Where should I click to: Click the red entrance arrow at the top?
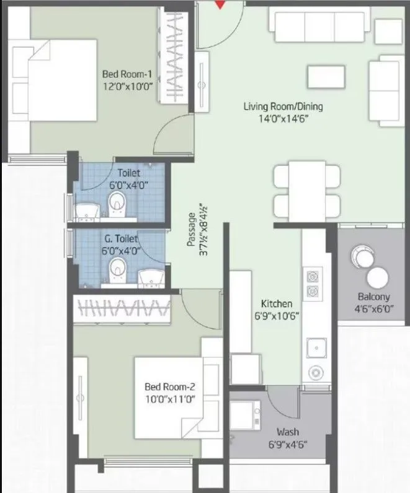click(219, 4)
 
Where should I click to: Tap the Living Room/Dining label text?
click(283, 107)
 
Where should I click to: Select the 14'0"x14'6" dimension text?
click(283, 119)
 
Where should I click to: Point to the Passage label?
click(192, 230)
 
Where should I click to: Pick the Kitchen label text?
click(276, 303)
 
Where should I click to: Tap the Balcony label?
click(373, 296)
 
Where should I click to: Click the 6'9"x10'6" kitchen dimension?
click(276, 315)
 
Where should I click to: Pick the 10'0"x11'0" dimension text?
click(166, 399)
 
